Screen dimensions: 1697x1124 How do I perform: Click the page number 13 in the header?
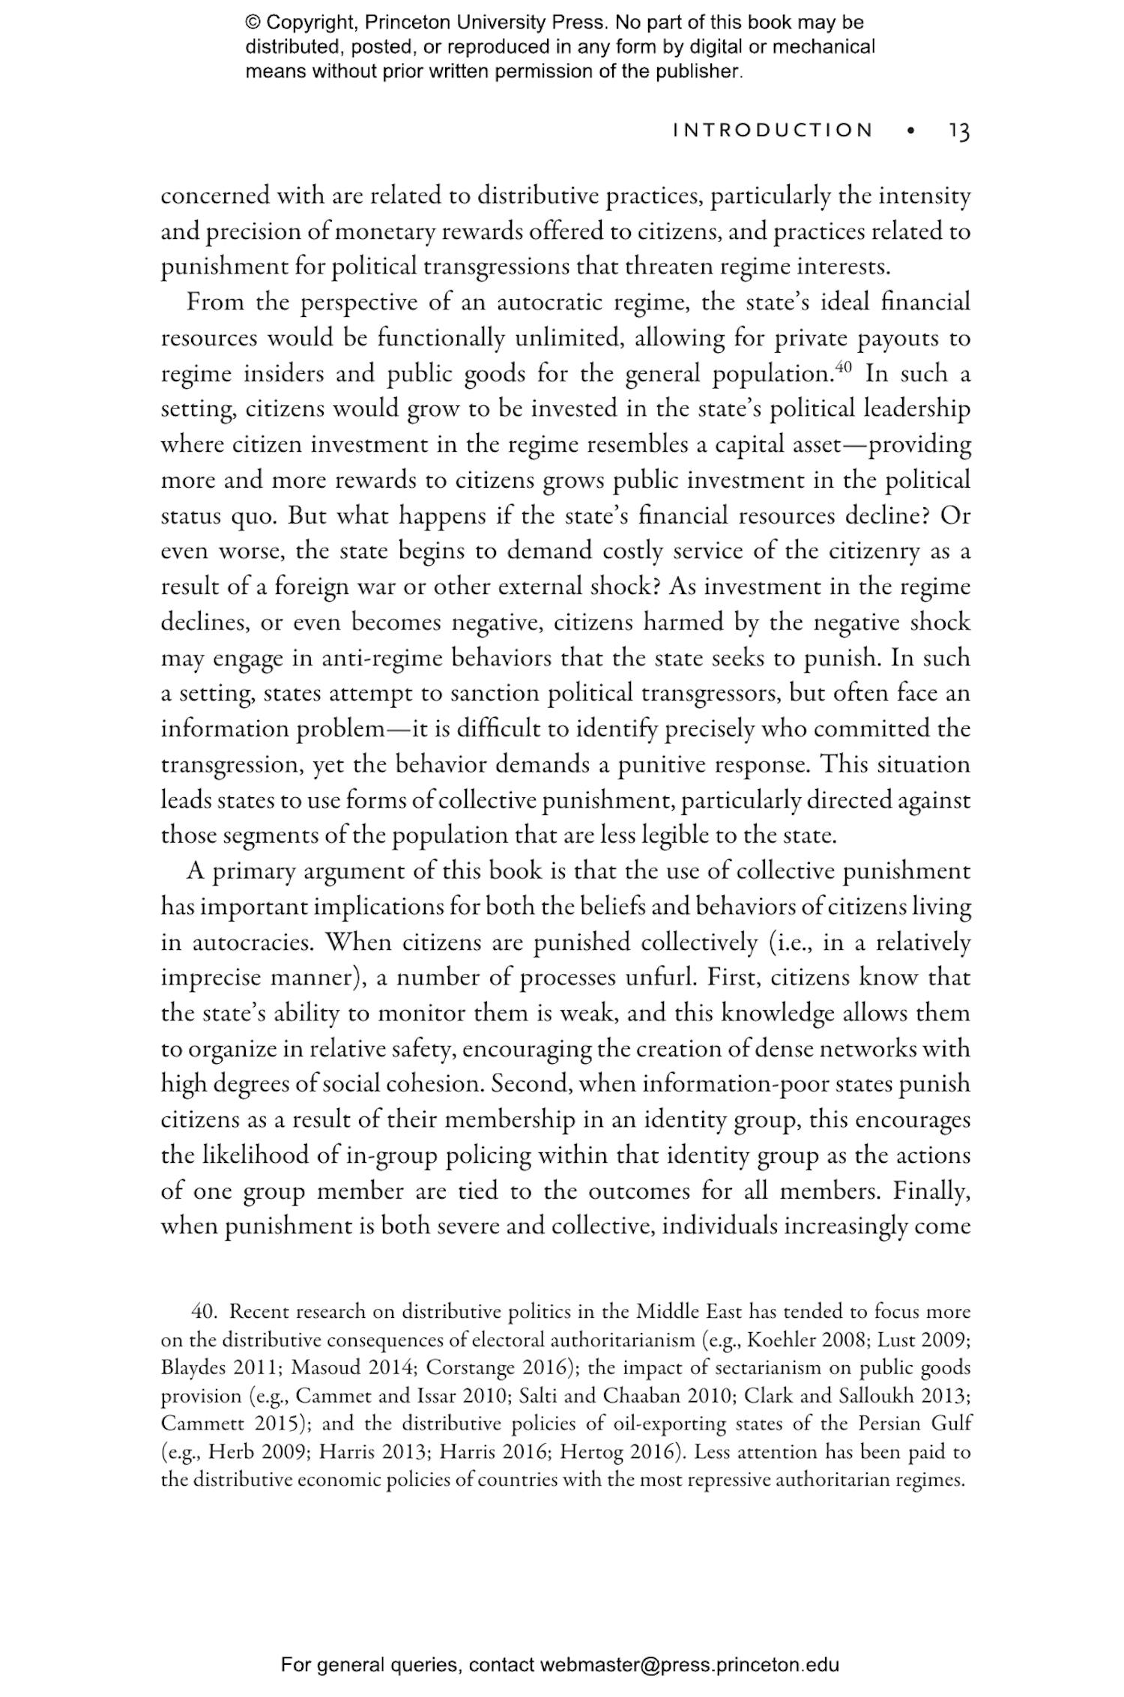[x=959, y=132]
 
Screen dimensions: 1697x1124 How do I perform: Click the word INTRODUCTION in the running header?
[x=773, y=130]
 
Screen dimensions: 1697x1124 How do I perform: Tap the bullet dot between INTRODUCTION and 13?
[x=910, y=131]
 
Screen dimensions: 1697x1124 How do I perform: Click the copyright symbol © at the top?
[x=252, y=22]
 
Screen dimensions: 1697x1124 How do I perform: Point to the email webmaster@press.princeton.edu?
[x=689, y=1665]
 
